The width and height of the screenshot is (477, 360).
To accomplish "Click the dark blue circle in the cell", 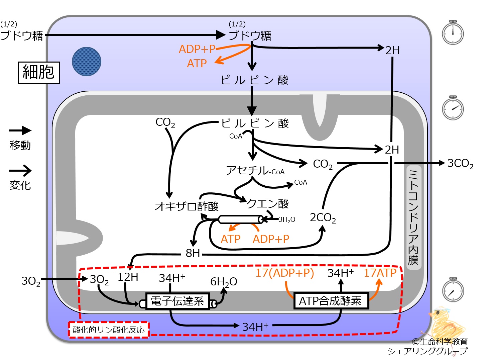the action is [87, 62].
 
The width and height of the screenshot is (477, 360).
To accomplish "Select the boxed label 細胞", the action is [39, 73].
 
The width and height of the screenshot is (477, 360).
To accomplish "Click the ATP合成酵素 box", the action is [331, 301].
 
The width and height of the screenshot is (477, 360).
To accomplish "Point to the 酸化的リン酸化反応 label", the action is [108, 330].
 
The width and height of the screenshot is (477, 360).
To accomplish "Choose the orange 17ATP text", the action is [380, 273].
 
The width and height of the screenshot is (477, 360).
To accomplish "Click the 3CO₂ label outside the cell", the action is [460, 164].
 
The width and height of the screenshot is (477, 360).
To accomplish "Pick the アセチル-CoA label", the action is [255, 170].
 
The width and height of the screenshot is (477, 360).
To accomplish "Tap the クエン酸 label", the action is [267, 204].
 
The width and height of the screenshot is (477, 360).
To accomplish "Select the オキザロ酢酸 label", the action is [187, 206].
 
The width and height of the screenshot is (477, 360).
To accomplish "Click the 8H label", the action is [193, 253].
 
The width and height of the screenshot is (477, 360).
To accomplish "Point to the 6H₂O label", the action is [224, 282].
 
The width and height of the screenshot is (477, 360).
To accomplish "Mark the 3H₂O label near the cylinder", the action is [287, 220].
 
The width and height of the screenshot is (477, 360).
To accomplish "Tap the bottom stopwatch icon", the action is [453, 289].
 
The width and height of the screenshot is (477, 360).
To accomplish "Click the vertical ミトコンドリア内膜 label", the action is [413, 217].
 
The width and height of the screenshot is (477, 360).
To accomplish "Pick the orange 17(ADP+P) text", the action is [285, 273].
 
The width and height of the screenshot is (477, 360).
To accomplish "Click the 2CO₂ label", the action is [323, 217].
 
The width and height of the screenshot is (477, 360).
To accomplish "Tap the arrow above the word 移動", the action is [20, 130].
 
